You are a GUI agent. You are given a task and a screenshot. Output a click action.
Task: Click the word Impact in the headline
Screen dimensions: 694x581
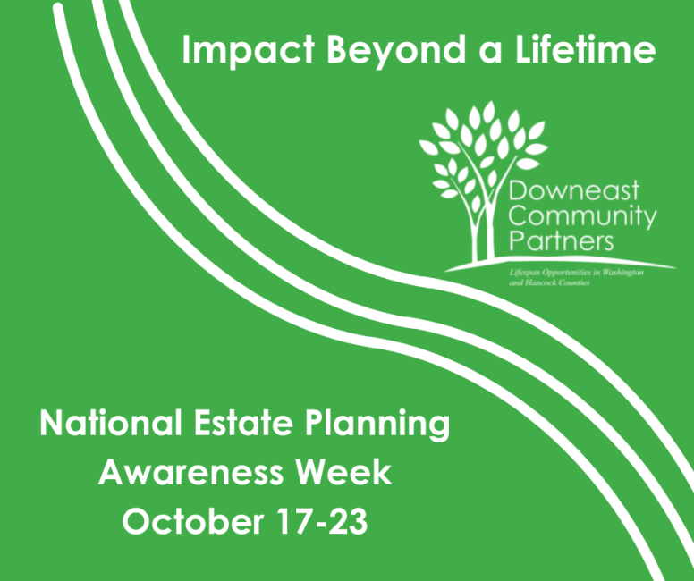pyautogui.click(x=249, y=51)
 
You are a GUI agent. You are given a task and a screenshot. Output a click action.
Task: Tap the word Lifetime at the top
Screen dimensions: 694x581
pyautogui.click(x=585, y=49)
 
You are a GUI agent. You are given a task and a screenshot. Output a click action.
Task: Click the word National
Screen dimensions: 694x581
pyautogui.click(x=111, y=423)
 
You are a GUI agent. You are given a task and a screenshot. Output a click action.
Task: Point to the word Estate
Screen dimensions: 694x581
pyautogui.click(x=244, y=423)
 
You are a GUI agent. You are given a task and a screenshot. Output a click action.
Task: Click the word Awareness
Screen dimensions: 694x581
pyautogui.click(x=190, y=472)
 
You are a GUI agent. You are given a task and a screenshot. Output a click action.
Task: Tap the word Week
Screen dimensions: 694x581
pyautogui.click(x=344, y=472)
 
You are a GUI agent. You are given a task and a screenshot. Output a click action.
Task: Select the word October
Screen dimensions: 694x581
pyautogui.click(x=193, y=521)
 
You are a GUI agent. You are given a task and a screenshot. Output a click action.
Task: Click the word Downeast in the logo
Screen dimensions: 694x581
pyautogui.click(x=573, y=190)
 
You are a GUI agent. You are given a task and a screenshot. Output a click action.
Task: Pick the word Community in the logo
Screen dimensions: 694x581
pyautogui.click(x=582, y=218)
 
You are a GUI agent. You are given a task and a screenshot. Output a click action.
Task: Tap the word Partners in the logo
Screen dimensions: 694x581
pyautogui.click(x=562, y=241)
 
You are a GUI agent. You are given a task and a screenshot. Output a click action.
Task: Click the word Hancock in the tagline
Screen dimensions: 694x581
pyautogui.click(x=541, y=282)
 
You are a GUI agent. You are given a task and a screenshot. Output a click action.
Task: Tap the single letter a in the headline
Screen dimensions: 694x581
pyautogui.click(x=490, y=52)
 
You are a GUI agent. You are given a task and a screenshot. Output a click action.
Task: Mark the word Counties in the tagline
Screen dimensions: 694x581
pyautogui.click(x=574, y=282)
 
